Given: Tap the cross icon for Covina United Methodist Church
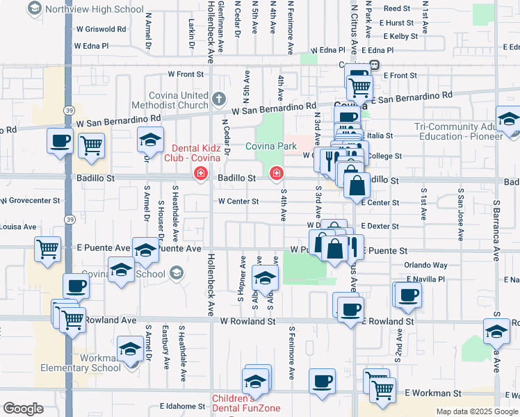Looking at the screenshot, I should point(220,97).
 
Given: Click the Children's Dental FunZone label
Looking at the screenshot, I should point(234,403).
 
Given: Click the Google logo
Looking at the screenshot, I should point(23,409).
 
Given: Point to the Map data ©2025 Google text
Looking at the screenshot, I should point(476,411).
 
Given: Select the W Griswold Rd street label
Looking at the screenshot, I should point(101,29).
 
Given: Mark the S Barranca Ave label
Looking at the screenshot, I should point(496,229).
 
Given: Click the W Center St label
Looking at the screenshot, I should point(238,202).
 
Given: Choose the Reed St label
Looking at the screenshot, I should point(397,8).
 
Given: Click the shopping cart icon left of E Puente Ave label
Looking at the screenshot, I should point(47,248).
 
